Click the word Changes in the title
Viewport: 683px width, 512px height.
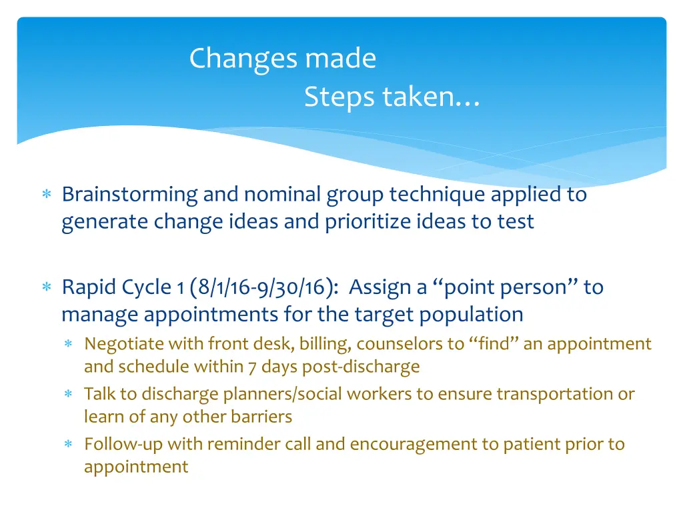[x=245, y=59]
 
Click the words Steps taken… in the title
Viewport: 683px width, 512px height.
[x=392, y=98]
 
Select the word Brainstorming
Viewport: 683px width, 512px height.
[x=130, y=195]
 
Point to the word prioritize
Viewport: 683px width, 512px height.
[x=366, y=221]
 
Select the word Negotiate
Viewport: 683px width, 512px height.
[x=123, y=344]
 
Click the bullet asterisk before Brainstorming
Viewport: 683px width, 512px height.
[x=47, y=195]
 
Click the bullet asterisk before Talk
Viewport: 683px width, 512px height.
[x=68, y=395]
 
